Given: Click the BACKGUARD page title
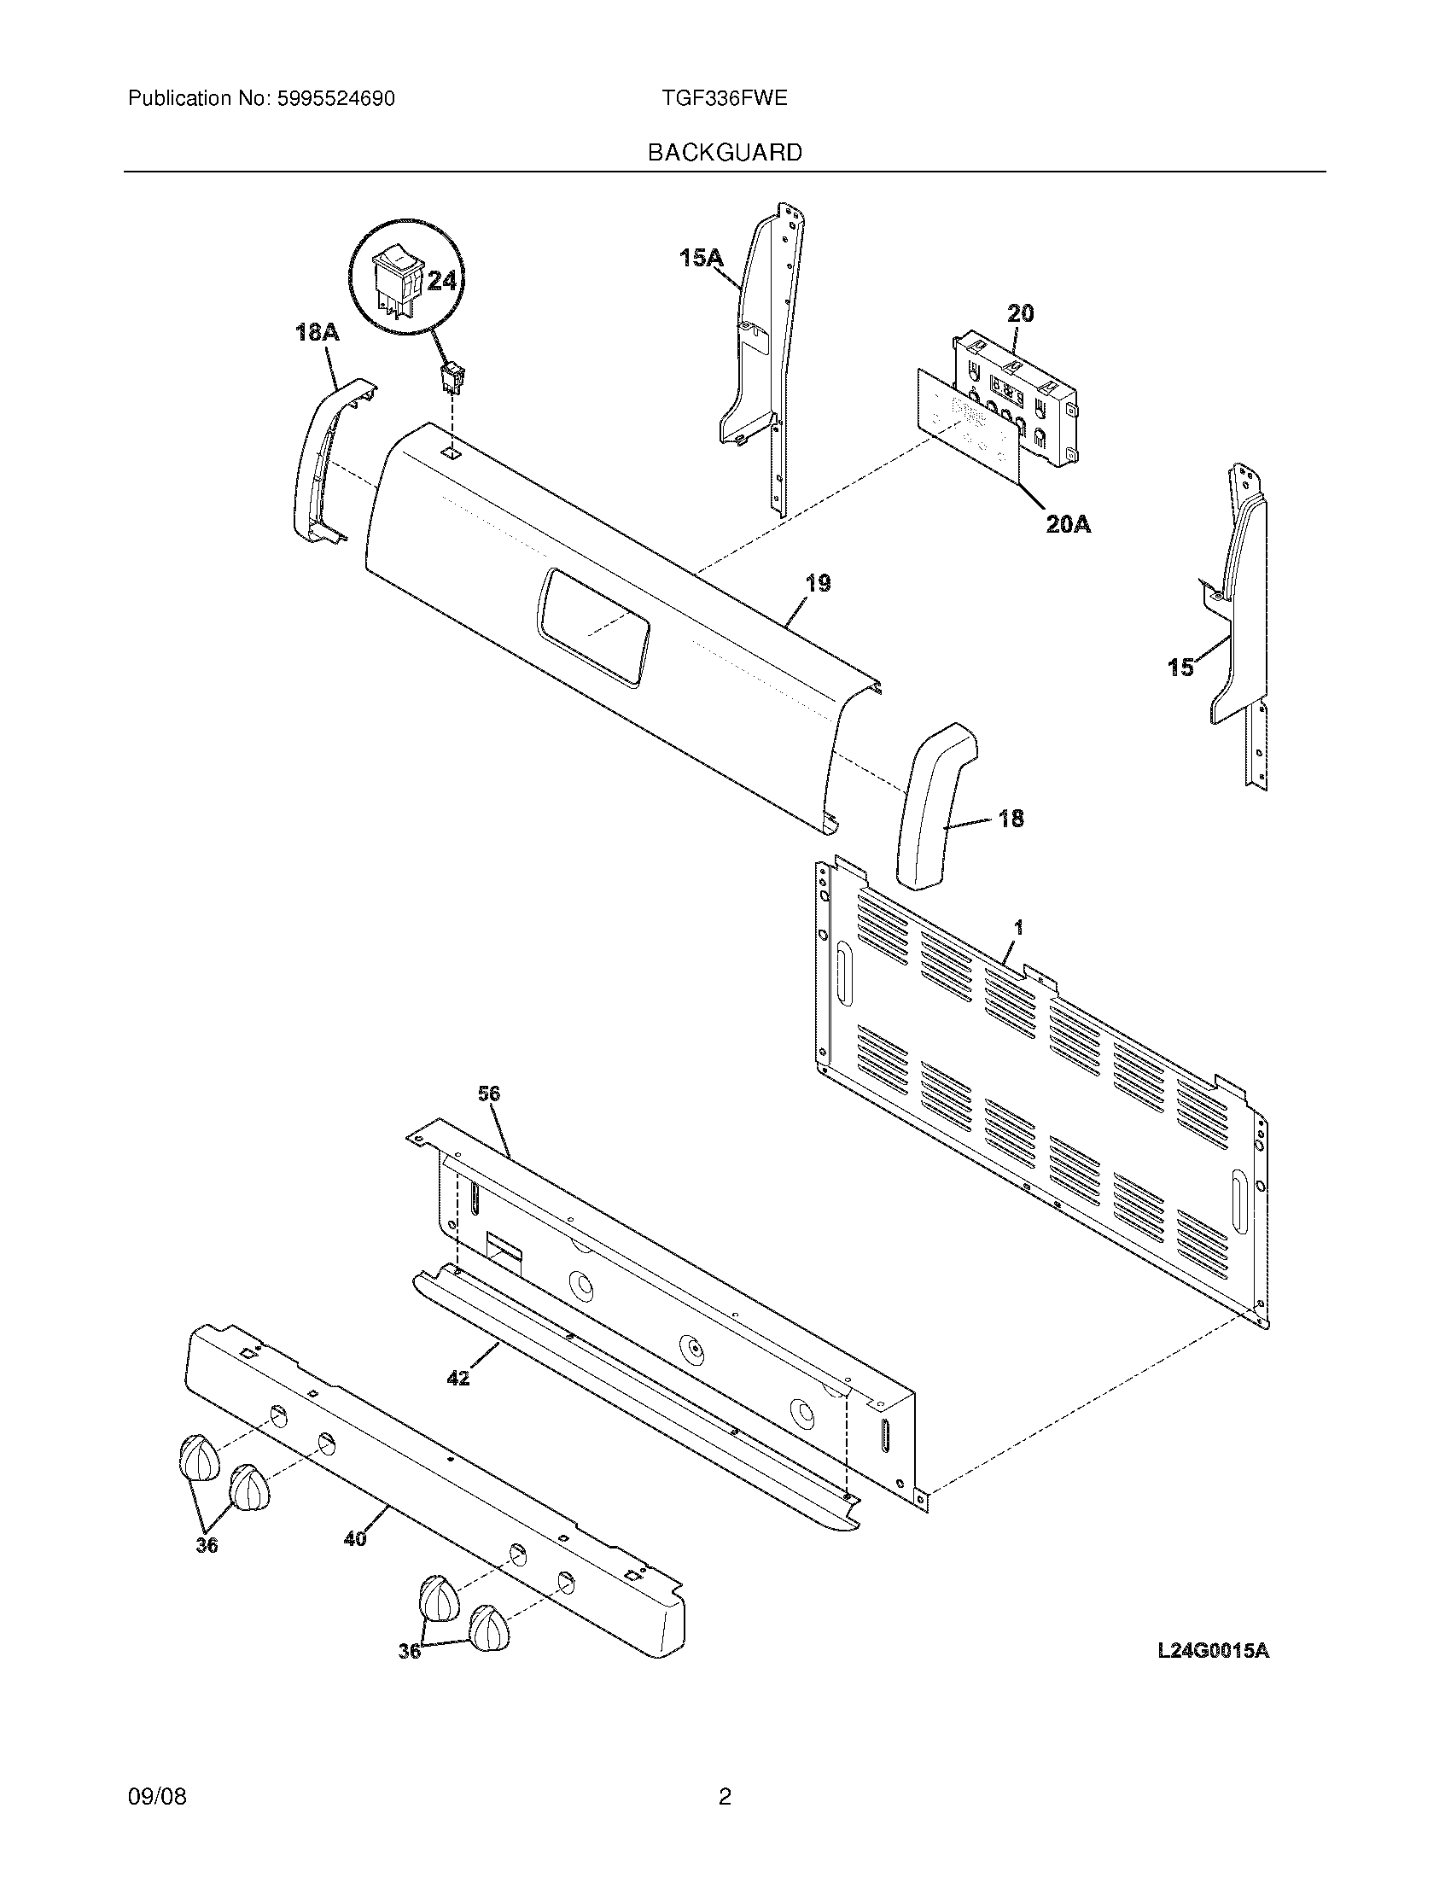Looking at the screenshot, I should point(725,153).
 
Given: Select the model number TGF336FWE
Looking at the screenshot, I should point(724,98).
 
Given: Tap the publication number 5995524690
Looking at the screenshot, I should point(336,99).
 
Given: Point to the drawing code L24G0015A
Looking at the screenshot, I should point(1212,1674).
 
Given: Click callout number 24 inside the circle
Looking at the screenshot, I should point(441,280).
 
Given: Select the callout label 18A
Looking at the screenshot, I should point(318,332).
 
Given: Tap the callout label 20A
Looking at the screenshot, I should point(1069,522).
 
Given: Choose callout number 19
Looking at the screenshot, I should point(819,583).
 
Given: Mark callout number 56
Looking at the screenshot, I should point(489,1094).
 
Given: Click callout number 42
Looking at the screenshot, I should point(458,1378).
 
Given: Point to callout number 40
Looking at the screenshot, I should point(355,1538).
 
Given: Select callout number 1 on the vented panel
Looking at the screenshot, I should point(1018,927).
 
